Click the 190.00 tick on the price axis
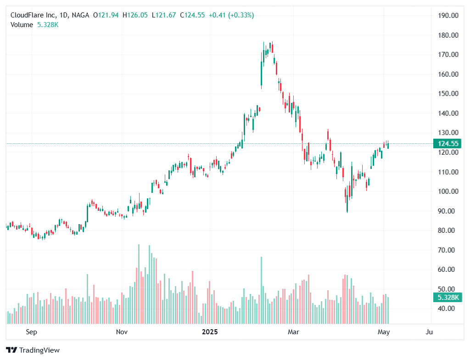448,15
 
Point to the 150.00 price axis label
448,94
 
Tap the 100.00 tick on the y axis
448,191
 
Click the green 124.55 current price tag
448,144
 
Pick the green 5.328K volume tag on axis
448,298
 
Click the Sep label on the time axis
31,332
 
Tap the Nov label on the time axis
122,332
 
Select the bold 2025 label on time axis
210,332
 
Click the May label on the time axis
384,332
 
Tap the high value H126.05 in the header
135,15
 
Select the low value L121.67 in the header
164,15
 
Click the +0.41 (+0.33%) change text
231,15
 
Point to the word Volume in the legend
22,25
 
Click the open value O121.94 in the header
106,15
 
